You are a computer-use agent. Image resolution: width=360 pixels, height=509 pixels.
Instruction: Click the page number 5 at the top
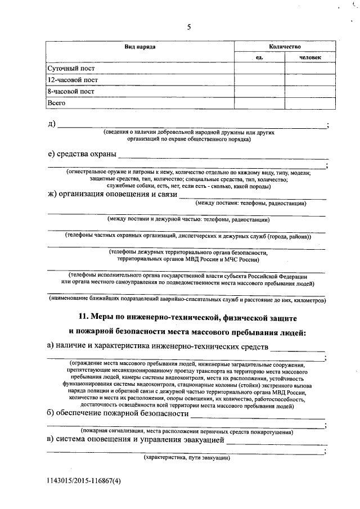click(189, 26)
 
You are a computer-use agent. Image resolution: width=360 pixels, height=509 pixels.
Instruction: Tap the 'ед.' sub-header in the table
click(259, 57)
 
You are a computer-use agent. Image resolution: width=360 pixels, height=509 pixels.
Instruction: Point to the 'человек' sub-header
click(310, 57)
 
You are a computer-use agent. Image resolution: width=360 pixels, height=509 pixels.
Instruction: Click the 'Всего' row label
click(57, 103)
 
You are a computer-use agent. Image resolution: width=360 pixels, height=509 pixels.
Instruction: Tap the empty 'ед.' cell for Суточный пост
click(259, 68)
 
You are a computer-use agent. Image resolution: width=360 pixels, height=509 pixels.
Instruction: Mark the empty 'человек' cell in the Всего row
click(310, 103)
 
